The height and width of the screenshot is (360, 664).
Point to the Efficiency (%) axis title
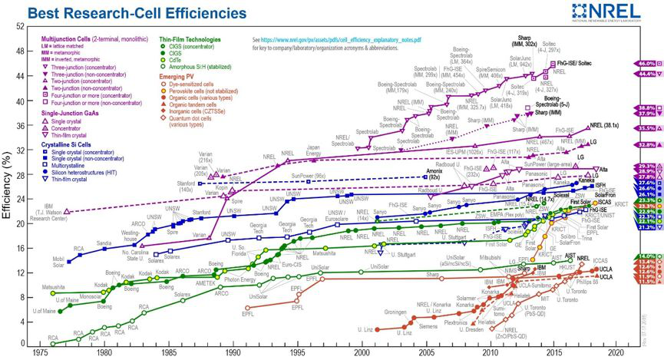(x=7, y=184)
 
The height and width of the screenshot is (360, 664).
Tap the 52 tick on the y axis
(x=21, y=28)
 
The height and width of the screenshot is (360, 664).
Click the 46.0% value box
(x=647, y=64)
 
